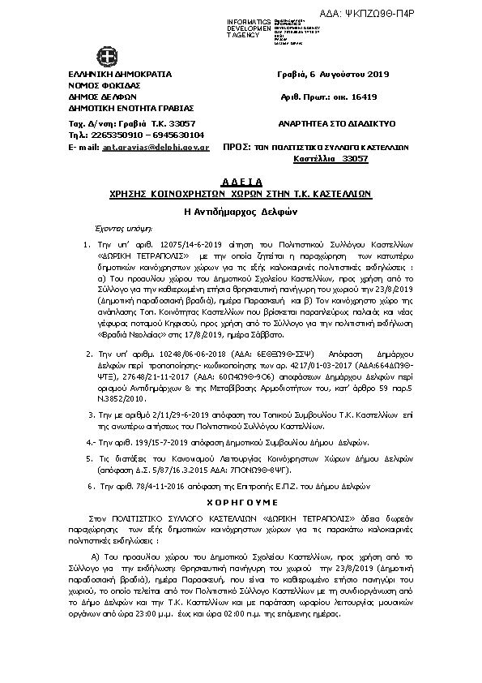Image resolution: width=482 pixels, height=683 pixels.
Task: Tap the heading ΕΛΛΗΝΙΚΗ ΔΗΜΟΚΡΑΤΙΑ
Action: click(120, 74)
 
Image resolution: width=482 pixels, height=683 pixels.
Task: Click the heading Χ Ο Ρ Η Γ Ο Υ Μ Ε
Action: click(240, 502)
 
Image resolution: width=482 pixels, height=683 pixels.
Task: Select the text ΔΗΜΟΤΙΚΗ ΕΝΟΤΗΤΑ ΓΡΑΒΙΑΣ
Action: click(131, 107)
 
